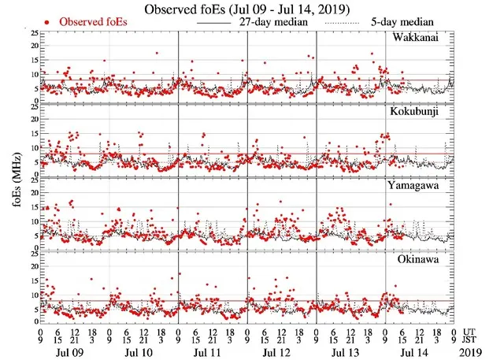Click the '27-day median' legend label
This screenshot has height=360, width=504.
[272, 22]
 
